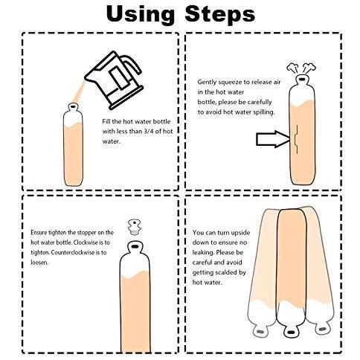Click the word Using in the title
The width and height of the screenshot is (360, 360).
click(141, 14)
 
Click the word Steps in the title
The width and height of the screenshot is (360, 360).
click(220, 13)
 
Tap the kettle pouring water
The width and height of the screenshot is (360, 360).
click(114, 80)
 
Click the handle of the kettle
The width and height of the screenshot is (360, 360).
click(132, 64)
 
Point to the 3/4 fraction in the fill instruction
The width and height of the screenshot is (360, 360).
click(146, 132)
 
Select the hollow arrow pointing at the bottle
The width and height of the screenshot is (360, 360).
click(273, 139)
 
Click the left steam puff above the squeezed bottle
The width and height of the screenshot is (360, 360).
click(292, 68)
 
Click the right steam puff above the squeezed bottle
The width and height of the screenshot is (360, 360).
click(309, 68)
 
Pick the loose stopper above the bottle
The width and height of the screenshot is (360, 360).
click(134, 227)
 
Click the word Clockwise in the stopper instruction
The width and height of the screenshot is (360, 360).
click(85, 242)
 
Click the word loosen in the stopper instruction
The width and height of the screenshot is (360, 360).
click(39, 263)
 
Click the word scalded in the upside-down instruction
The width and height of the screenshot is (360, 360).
click(228, 272)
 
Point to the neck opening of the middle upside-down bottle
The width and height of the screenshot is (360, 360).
click(291, 332)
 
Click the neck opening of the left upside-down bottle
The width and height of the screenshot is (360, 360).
click(260, 332)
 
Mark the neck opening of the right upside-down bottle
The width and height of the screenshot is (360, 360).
click(322, 329)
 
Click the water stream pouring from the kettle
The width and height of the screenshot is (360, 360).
click(79, 92)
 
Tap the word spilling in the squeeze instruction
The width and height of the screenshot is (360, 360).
click(264, 112)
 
